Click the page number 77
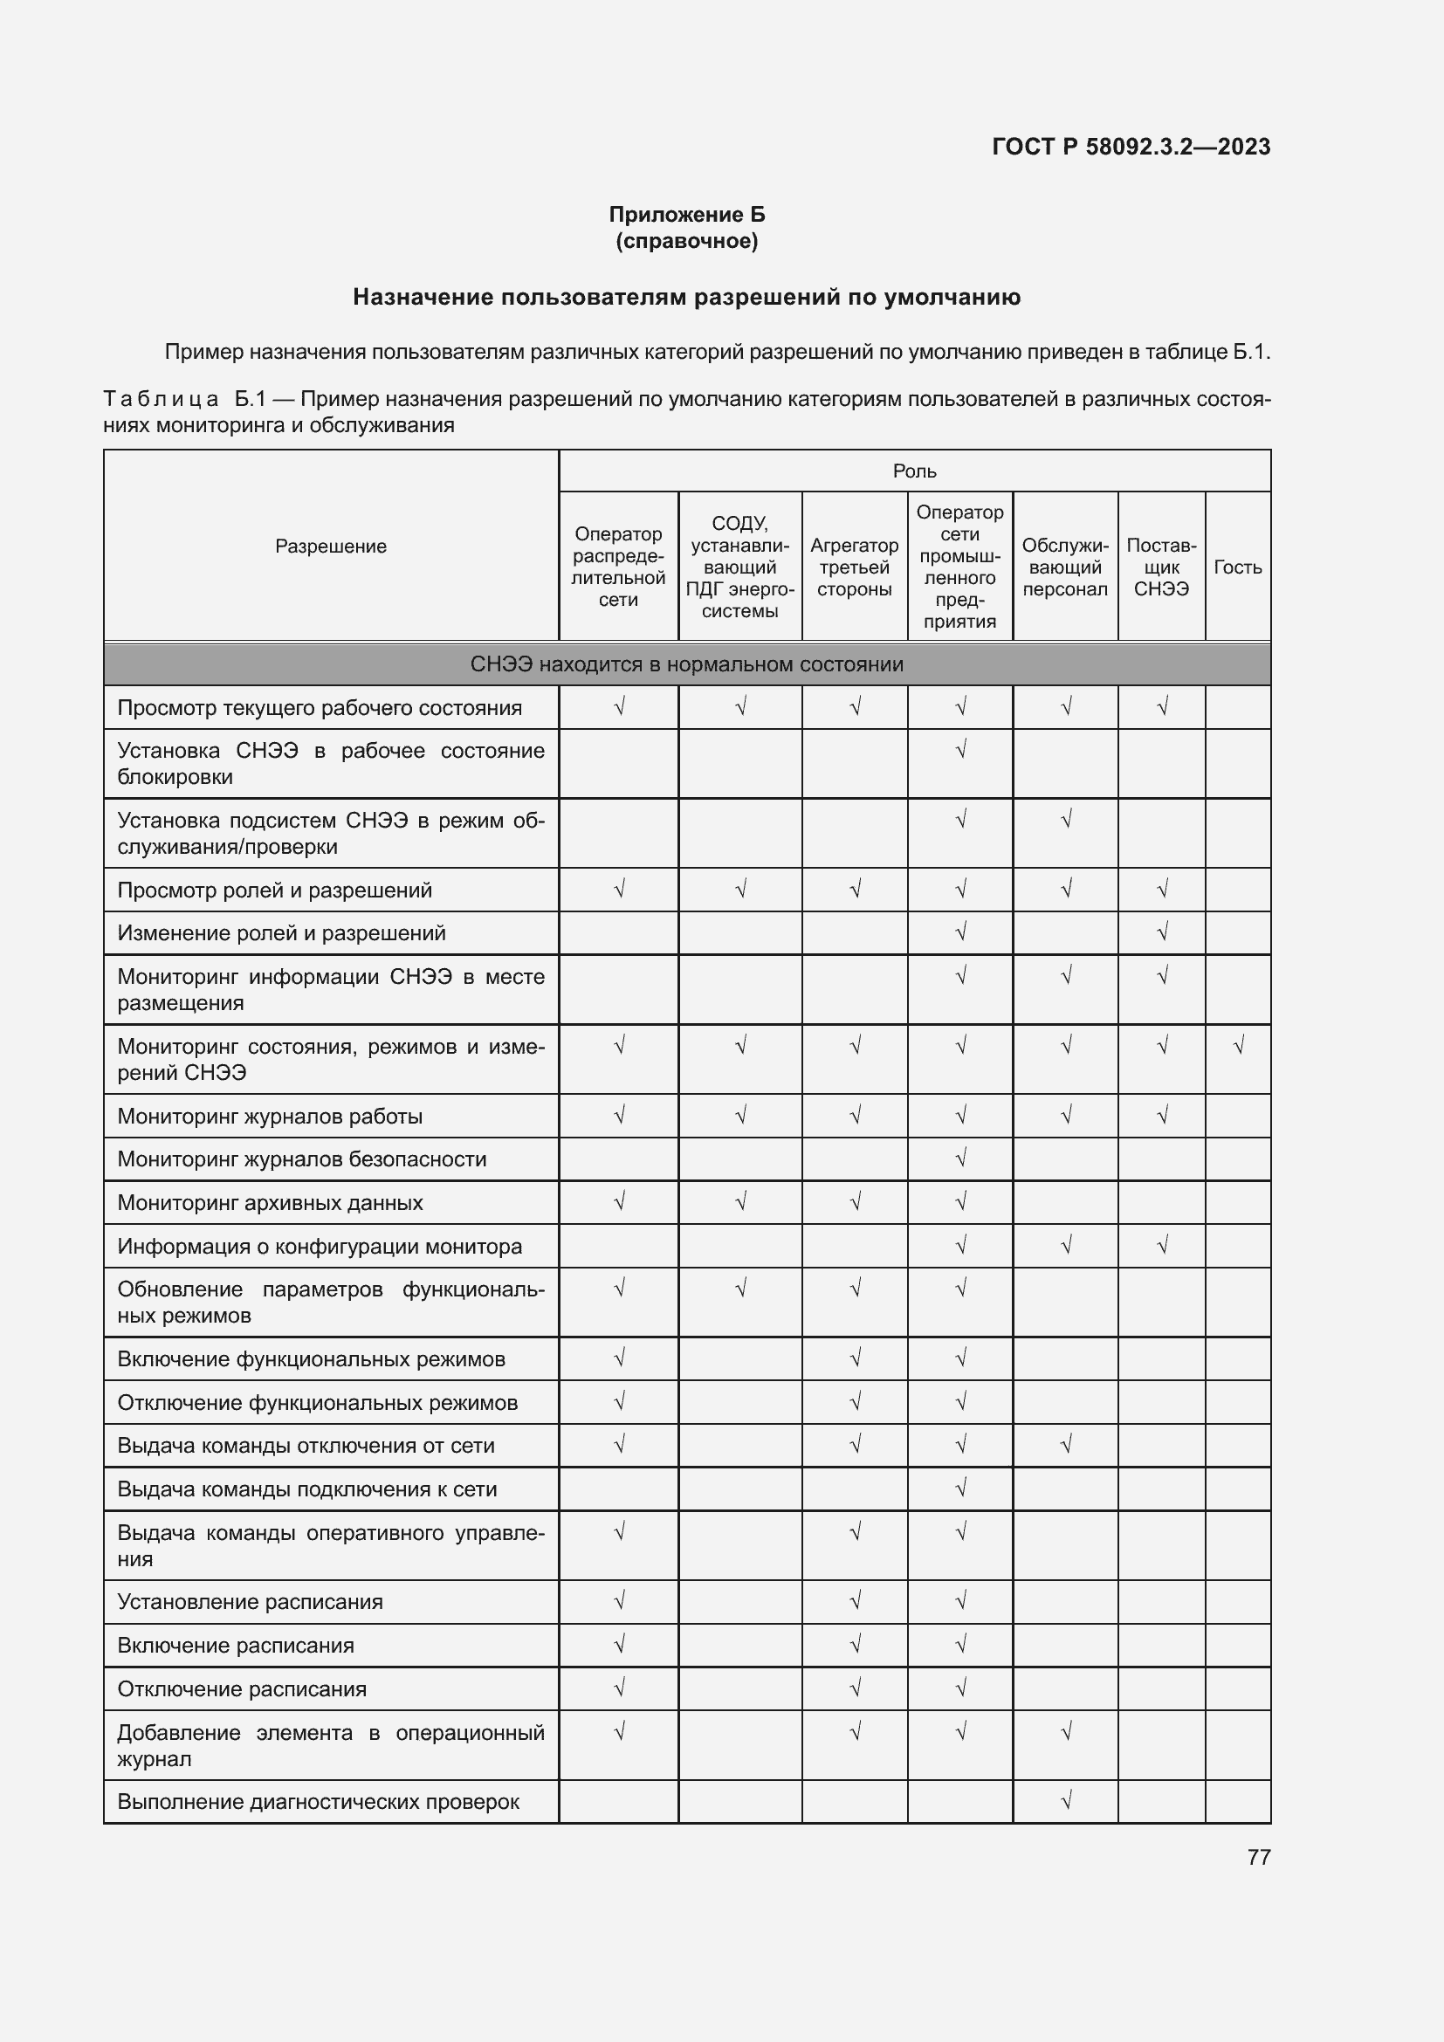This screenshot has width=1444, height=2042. [x=1258, y=1857]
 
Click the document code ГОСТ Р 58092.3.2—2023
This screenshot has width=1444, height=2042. [x=1131, y=147]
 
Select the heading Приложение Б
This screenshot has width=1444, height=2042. [x=686, y=215]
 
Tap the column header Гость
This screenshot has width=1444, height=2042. [x=1238, y=567]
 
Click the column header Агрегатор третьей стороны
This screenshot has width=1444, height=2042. [x=855, y=567]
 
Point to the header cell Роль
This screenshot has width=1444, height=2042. [x=914, y=471]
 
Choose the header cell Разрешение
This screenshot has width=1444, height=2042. [x=331, y=546]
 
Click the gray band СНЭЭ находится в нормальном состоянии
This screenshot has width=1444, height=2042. [x=686, y=664]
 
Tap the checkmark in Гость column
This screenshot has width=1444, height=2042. [x=1238, y=1046]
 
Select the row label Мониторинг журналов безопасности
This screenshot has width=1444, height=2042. [x=302, y=1159]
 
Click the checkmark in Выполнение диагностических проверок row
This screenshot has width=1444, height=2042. [x=1066, y=1801]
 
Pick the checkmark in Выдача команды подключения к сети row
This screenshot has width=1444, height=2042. [x=960, y=1488]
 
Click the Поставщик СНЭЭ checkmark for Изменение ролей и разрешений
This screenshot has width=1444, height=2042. [x=1161, y=932]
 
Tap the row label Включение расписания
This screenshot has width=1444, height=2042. [x=236, y=1646]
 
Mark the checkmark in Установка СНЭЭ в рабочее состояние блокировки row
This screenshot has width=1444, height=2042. [x=960, y=750]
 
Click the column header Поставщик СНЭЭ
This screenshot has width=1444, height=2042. [x=1161, y=567]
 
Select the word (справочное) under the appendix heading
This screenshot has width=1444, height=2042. [x=686, y=241]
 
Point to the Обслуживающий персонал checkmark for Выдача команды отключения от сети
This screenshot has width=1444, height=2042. [x=1066, y=1444]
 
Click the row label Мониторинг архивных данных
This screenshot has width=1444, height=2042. [x=271, y=1202]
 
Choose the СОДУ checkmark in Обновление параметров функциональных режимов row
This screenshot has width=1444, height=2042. [x=739, y=1288]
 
